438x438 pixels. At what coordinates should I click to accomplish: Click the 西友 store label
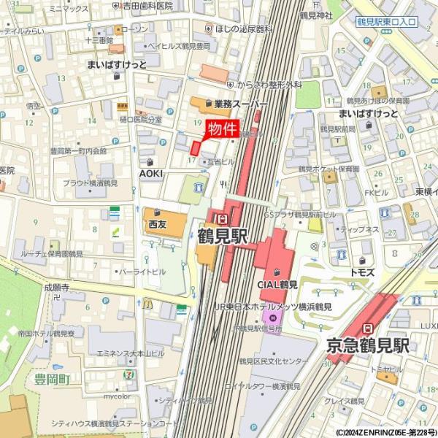pyautogui.click(x=158, y=224)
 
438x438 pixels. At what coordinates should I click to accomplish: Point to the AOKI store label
pyautogui.click(x=151, y=173)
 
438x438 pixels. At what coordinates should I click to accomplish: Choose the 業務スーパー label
pyautogui.click(x=240, y=104)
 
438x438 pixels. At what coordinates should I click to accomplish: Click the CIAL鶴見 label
pyautogui.click(x=277, y=284)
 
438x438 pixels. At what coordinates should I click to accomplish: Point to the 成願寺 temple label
pyautogui.click(x=55, y=288)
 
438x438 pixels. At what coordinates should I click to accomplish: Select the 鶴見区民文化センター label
pyautogui.click(x=274, y=361)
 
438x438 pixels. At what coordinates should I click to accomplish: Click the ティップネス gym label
pyautogui.click(x=354, y=229)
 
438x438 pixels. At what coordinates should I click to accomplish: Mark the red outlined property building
pyautogui.click(x=195, y=145)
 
